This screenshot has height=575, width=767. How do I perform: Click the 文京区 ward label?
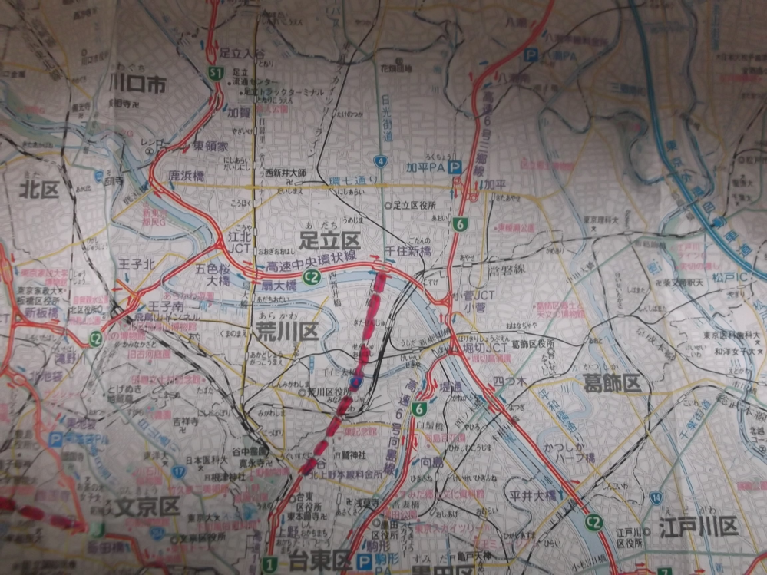coord(148,507)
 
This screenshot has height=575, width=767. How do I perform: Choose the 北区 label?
coord(40,189)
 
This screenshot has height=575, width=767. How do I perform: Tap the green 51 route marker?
coord(217,73)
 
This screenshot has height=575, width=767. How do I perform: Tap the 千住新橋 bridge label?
coord(407,251)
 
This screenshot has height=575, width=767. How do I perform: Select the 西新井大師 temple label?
coord(285,173)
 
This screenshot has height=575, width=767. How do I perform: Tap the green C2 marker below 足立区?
coord(311,277)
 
